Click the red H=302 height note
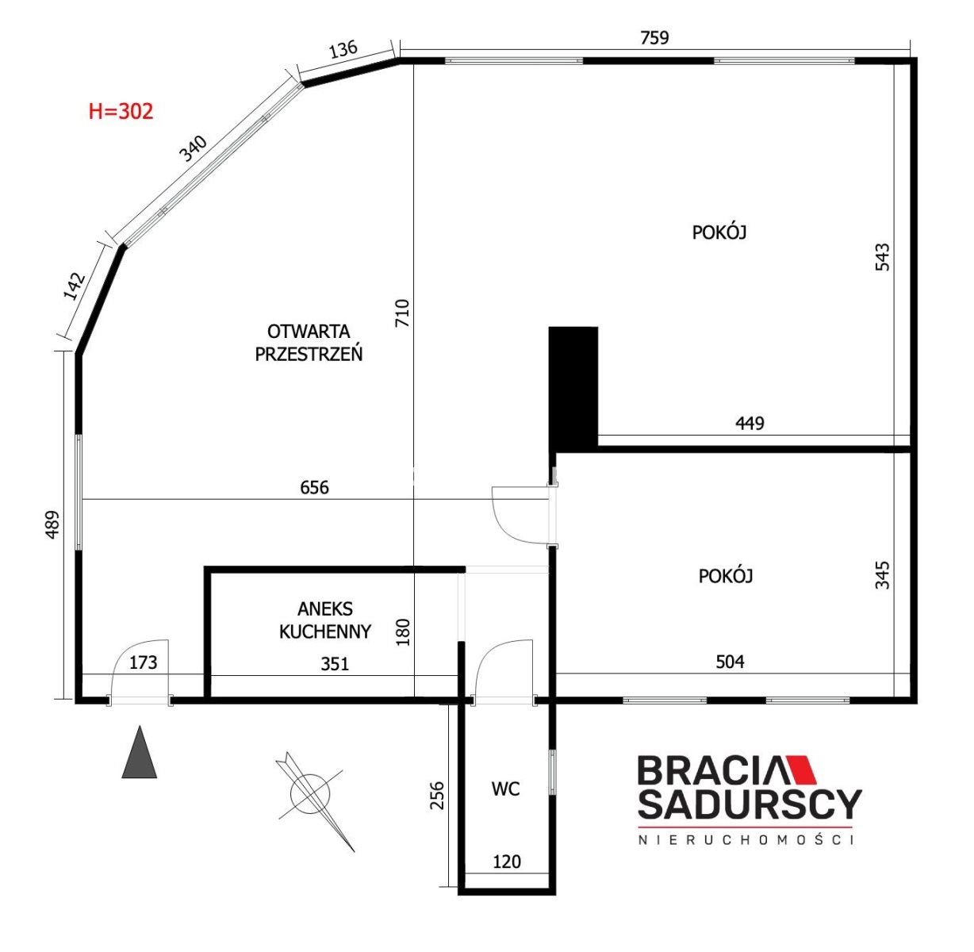[121, 111]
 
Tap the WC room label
[505, 789]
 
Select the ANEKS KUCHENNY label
[325, 620]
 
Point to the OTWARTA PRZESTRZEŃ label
[309, 343]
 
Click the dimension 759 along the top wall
[654, 37]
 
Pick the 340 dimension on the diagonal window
[194, 148]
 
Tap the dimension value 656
[314, 488]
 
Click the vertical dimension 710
[402, 313]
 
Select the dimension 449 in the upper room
[750, 424]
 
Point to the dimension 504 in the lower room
[730, 662]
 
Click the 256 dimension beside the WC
[437, 796]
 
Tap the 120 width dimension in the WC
[507, 862]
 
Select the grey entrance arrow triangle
[140, 752]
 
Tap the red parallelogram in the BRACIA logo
[801, 770]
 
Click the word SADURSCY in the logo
[750, 804]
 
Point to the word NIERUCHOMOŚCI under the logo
[746, 839]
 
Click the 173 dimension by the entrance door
[143, 662]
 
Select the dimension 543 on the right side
[883, 257]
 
